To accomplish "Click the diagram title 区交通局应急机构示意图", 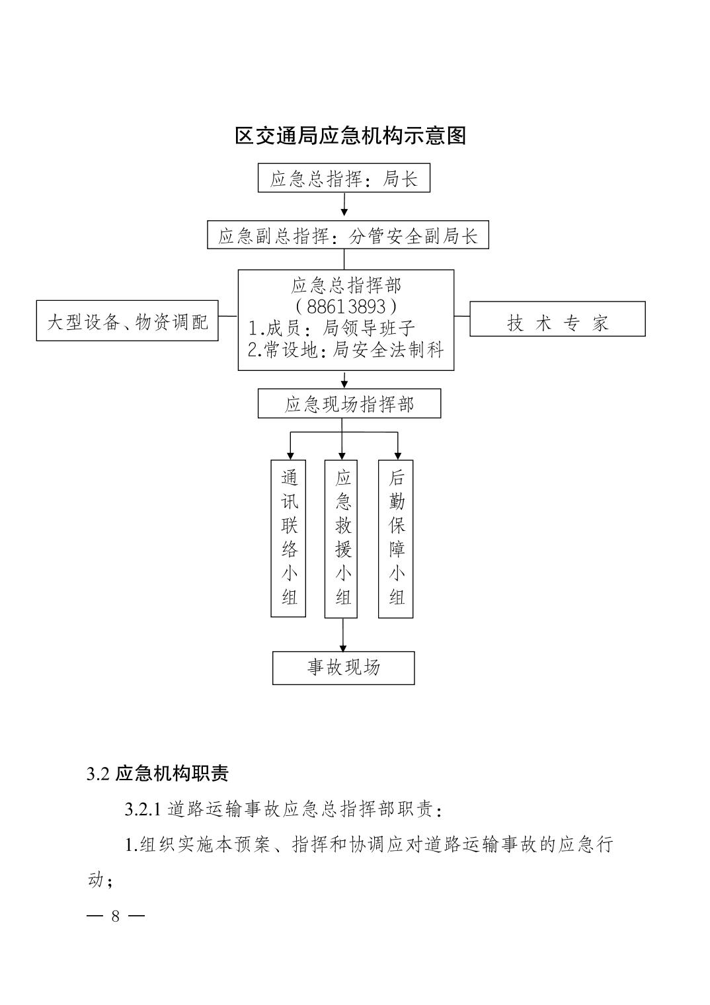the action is pos(350,136).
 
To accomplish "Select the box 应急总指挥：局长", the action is pos(344,178).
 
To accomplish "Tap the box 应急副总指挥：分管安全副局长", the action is pos(348,235).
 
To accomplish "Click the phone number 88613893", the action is pos(346,307).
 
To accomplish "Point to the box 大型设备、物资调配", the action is pos(128,321).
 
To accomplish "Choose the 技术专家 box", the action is pos(557,319).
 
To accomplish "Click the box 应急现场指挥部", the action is pos(350,404).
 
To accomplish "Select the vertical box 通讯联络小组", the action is pos(288,538).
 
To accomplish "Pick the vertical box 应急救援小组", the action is pos(341,539).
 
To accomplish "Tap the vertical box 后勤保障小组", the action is pos(395,539).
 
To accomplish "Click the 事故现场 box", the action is pos(344,668).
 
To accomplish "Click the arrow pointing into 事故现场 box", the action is pos(342,635).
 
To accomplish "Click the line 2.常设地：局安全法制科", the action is pos(345,350).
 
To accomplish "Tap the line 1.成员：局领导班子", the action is pos(331,329).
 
